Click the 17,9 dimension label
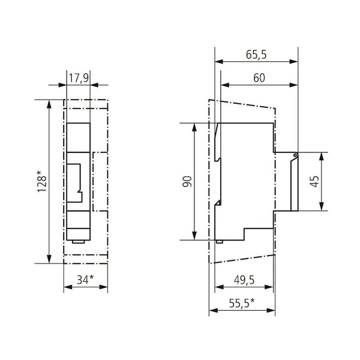pyautogui.click(x=79, y=78)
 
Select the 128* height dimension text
pyautogui.click(x=42, y=181)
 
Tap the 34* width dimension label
pyautogui.click(x=85, y=280)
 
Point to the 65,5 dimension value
pyautogui.click(x=256, y=55)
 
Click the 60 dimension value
pyautogui.click(x=259, y=78)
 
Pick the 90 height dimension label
pyautogui.click(x=187, y=182)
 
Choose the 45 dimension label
pyautogui.click(x=314, y=181)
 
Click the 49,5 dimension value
pyautogui.click(x=244, y=280)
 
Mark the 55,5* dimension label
pyautogui.click(x=242, y=304)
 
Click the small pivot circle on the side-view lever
pyautogui.click(x=295, y=155)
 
